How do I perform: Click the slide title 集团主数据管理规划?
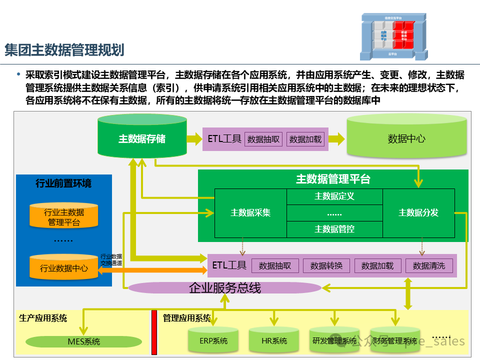point(64,50)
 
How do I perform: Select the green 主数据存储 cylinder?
point(142,138)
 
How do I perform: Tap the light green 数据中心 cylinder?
point(406,138)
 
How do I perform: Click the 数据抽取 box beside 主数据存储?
point(264,139)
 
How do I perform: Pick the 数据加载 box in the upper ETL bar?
point(305,139)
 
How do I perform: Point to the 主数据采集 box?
point(250,212)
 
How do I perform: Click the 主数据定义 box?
point(334,196)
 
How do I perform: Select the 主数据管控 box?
point(334,229)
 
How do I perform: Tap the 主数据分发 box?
point(418,212)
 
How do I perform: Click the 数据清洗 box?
point(428,265)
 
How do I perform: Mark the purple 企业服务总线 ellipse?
point(224,288)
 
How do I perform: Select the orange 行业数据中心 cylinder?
point(64,268)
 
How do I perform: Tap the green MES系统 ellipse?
point(83,342)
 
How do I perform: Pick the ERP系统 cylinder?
point(213,341)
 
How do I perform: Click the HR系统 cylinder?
point(274,341)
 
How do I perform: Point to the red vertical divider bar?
point(154,332)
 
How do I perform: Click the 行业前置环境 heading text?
point(63,183)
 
